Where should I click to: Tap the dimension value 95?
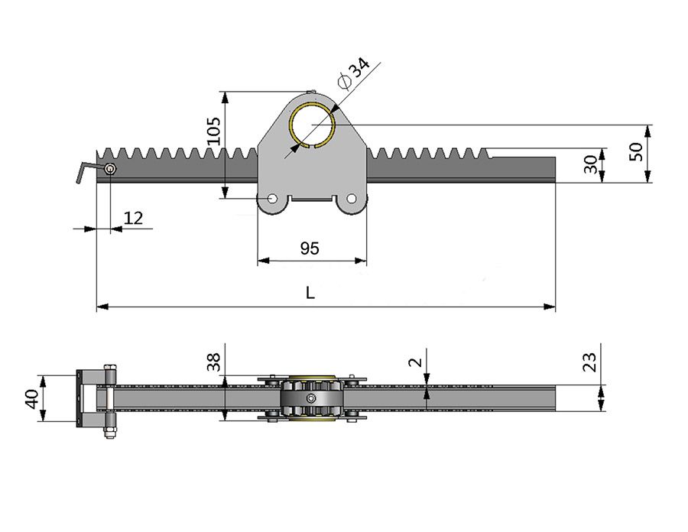tap(310, 248)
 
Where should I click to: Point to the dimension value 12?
tap(133, 218)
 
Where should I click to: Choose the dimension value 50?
tap(635, 151)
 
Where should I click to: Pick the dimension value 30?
tap(590, 164)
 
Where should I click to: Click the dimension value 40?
tap(31, 398)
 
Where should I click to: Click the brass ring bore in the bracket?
tap(313, 122)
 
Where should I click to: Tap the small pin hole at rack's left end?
tap(111, 169)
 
